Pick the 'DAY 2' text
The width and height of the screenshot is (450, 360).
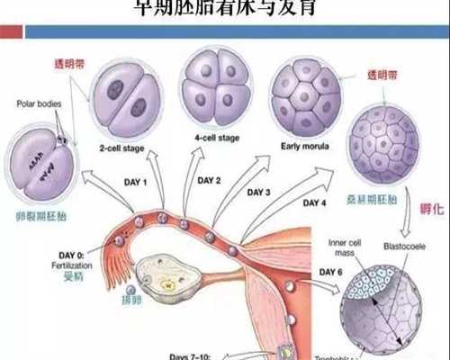[210, 181]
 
